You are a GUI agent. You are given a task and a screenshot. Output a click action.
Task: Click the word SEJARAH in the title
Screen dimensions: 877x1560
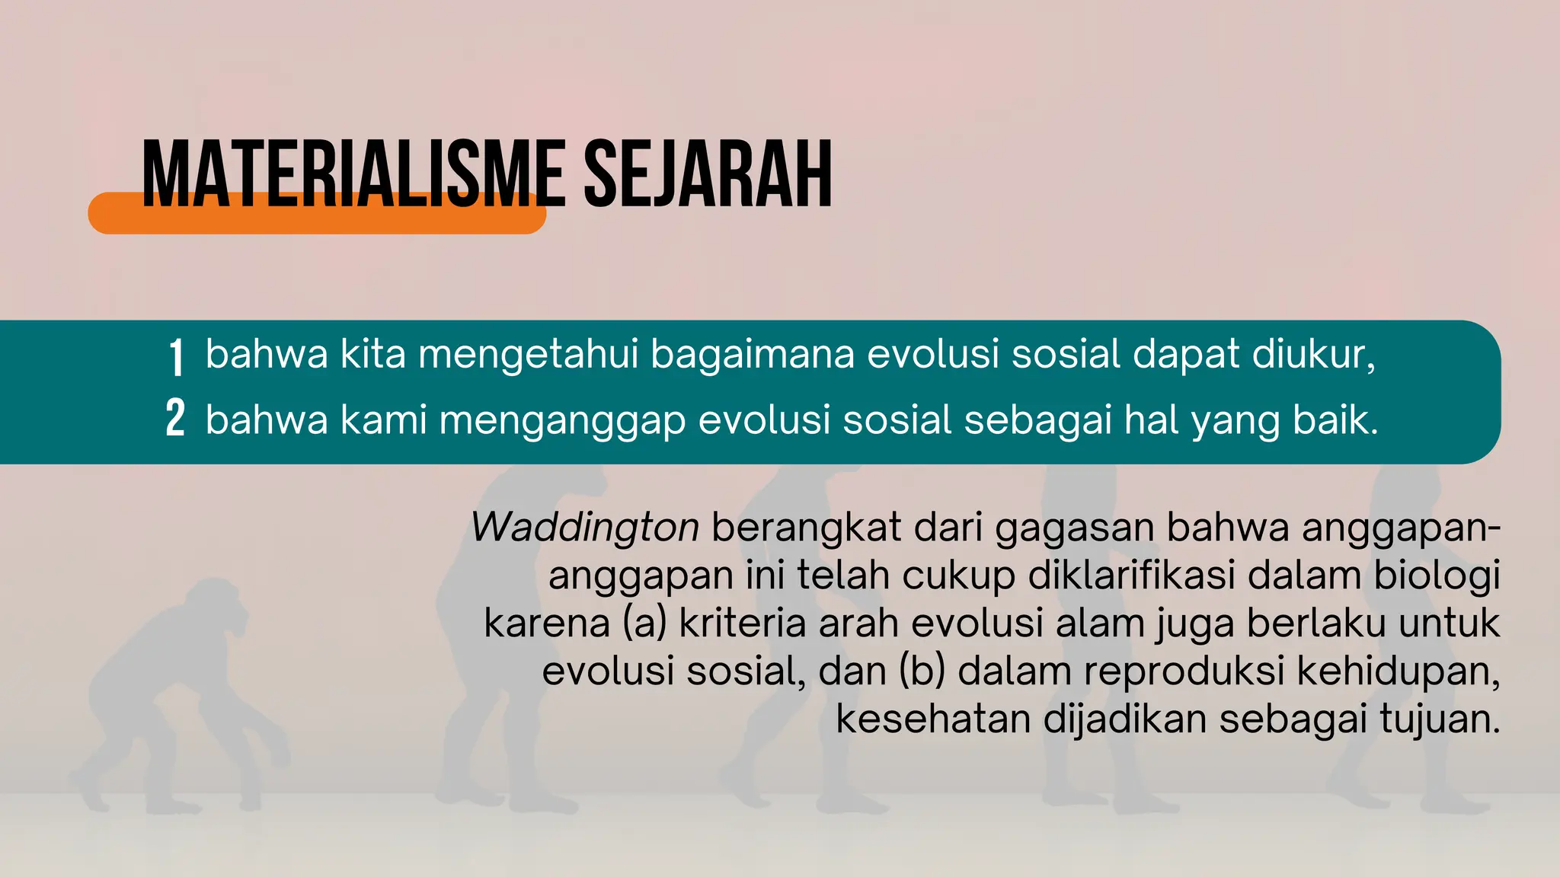(708, 175)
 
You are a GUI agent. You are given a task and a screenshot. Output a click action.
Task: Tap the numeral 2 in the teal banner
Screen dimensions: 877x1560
(175, 419)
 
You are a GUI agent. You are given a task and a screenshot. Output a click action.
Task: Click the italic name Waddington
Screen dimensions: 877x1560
(585, 527)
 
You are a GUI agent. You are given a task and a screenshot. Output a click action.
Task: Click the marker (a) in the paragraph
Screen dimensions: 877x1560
(644, 623)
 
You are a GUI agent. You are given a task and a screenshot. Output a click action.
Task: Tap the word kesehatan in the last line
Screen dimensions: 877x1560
(933, 719)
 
